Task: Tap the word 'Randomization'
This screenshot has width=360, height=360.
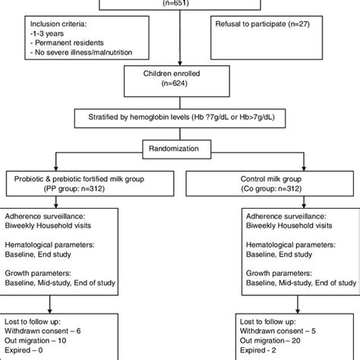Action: (180, 149)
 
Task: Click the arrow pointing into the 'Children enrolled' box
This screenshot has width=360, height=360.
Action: (180, 62)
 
